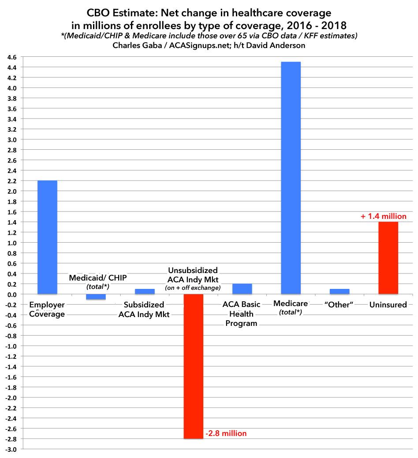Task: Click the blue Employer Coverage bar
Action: tap(47, 237)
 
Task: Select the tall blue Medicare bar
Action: tap(291, 177)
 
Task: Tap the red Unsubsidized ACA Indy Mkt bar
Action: tap(193, 366)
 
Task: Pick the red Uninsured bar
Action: tap(388, 258)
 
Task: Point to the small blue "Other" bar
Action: tap(340, 292)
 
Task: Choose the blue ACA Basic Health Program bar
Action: tap(242, 289)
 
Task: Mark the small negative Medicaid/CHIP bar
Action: tap(96, 297)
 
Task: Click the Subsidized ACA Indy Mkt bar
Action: tap(145, 292)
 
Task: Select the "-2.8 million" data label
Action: tap(226, 433)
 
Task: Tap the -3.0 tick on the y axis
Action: tap(9, 449)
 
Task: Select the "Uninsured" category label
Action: tap(388, 305)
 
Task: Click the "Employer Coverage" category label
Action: tap(47, 309)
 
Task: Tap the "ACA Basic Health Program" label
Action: tap(242, 314)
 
